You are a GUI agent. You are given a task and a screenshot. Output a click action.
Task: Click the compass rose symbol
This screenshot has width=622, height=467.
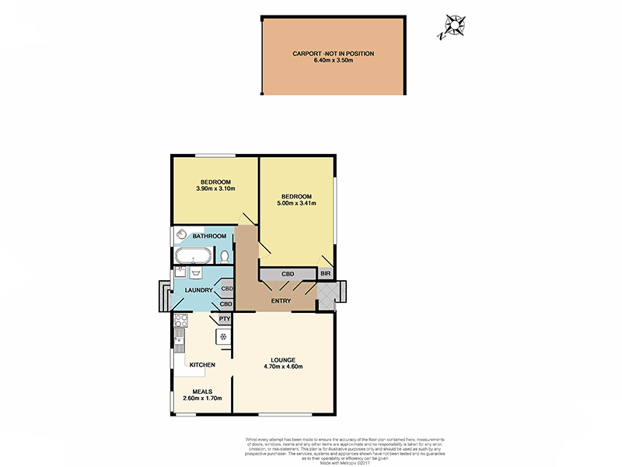tap(450, 27)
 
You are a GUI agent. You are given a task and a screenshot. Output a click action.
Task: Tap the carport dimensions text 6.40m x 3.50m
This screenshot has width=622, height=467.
tap(333, 61)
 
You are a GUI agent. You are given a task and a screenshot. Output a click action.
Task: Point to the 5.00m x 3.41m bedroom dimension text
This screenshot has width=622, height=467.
tap(296, 204)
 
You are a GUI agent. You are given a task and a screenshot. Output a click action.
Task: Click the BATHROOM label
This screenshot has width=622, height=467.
tap(209, 236)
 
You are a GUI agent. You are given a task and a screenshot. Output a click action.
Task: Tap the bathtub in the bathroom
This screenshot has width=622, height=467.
tap(191, 256)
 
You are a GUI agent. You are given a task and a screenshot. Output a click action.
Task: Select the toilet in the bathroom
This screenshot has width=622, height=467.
tap(225, 256)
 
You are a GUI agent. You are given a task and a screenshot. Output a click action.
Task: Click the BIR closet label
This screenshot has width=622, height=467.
tap(326, 274)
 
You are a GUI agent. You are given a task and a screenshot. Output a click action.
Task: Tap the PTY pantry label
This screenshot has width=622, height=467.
tap(225, 318)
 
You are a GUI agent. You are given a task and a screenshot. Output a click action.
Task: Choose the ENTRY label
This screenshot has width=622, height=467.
tap(281, 301)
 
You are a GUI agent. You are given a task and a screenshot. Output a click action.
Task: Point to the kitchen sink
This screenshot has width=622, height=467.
tap(179, 339)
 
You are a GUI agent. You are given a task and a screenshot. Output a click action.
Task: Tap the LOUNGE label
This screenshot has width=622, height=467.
tap(284, 360)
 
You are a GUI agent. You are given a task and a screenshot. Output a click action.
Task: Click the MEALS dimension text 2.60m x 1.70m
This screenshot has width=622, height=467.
tap(202, 398)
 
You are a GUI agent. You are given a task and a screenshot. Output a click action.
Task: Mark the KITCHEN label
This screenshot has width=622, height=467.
tap(202, 364)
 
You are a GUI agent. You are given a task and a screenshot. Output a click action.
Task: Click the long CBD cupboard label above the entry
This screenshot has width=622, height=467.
tap(287, 274)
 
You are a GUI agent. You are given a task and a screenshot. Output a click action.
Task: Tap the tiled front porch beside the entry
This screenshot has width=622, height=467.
tap(327, 295)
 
